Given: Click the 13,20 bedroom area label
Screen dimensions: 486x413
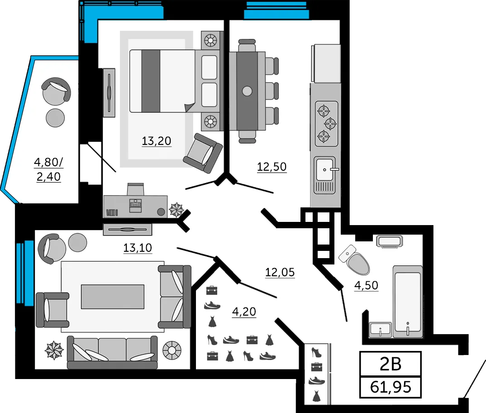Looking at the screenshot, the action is [157, 141].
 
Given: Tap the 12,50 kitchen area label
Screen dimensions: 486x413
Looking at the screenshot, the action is [272, 167].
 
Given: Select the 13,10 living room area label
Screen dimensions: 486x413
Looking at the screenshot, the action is [138, 248].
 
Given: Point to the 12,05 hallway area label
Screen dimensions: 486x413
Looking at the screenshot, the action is [280, 273].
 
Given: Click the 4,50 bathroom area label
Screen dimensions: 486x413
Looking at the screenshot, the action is [367, 285].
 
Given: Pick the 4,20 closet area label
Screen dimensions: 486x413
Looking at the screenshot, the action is [244, 312].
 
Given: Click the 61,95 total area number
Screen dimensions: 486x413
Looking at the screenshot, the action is [391, 387].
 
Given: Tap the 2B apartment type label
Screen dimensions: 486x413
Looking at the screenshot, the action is [391, 364].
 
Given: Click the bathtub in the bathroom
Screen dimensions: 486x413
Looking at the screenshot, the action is [408, 301].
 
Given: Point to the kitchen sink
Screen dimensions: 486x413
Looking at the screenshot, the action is [325, 175].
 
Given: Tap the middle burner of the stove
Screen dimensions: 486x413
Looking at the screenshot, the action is [330, 124].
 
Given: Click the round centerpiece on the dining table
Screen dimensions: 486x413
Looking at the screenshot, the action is [247, 91].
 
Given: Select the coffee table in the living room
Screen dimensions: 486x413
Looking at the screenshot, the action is [113, 297].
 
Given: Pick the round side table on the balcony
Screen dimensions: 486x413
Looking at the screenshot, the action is [55, 118].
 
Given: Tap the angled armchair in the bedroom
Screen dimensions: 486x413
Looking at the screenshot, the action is [203, 153].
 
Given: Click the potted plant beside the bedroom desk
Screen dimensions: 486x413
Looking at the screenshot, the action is [176, 210].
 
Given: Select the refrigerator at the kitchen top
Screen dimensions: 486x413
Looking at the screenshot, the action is [326, 63].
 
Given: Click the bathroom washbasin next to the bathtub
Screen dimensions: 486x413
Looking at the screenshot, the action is [380, 330].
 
